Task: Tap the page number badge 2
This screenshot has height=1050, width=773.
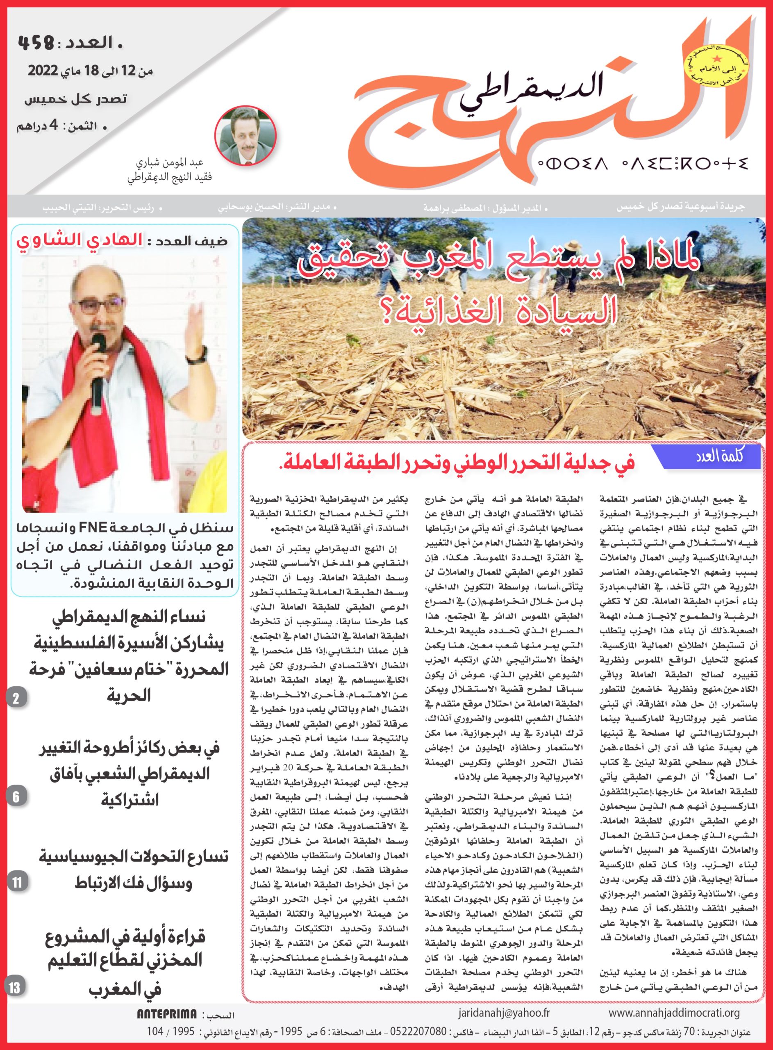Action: [16, 699]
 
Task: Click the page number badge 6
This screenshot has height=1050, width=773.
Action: [16, 797]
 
